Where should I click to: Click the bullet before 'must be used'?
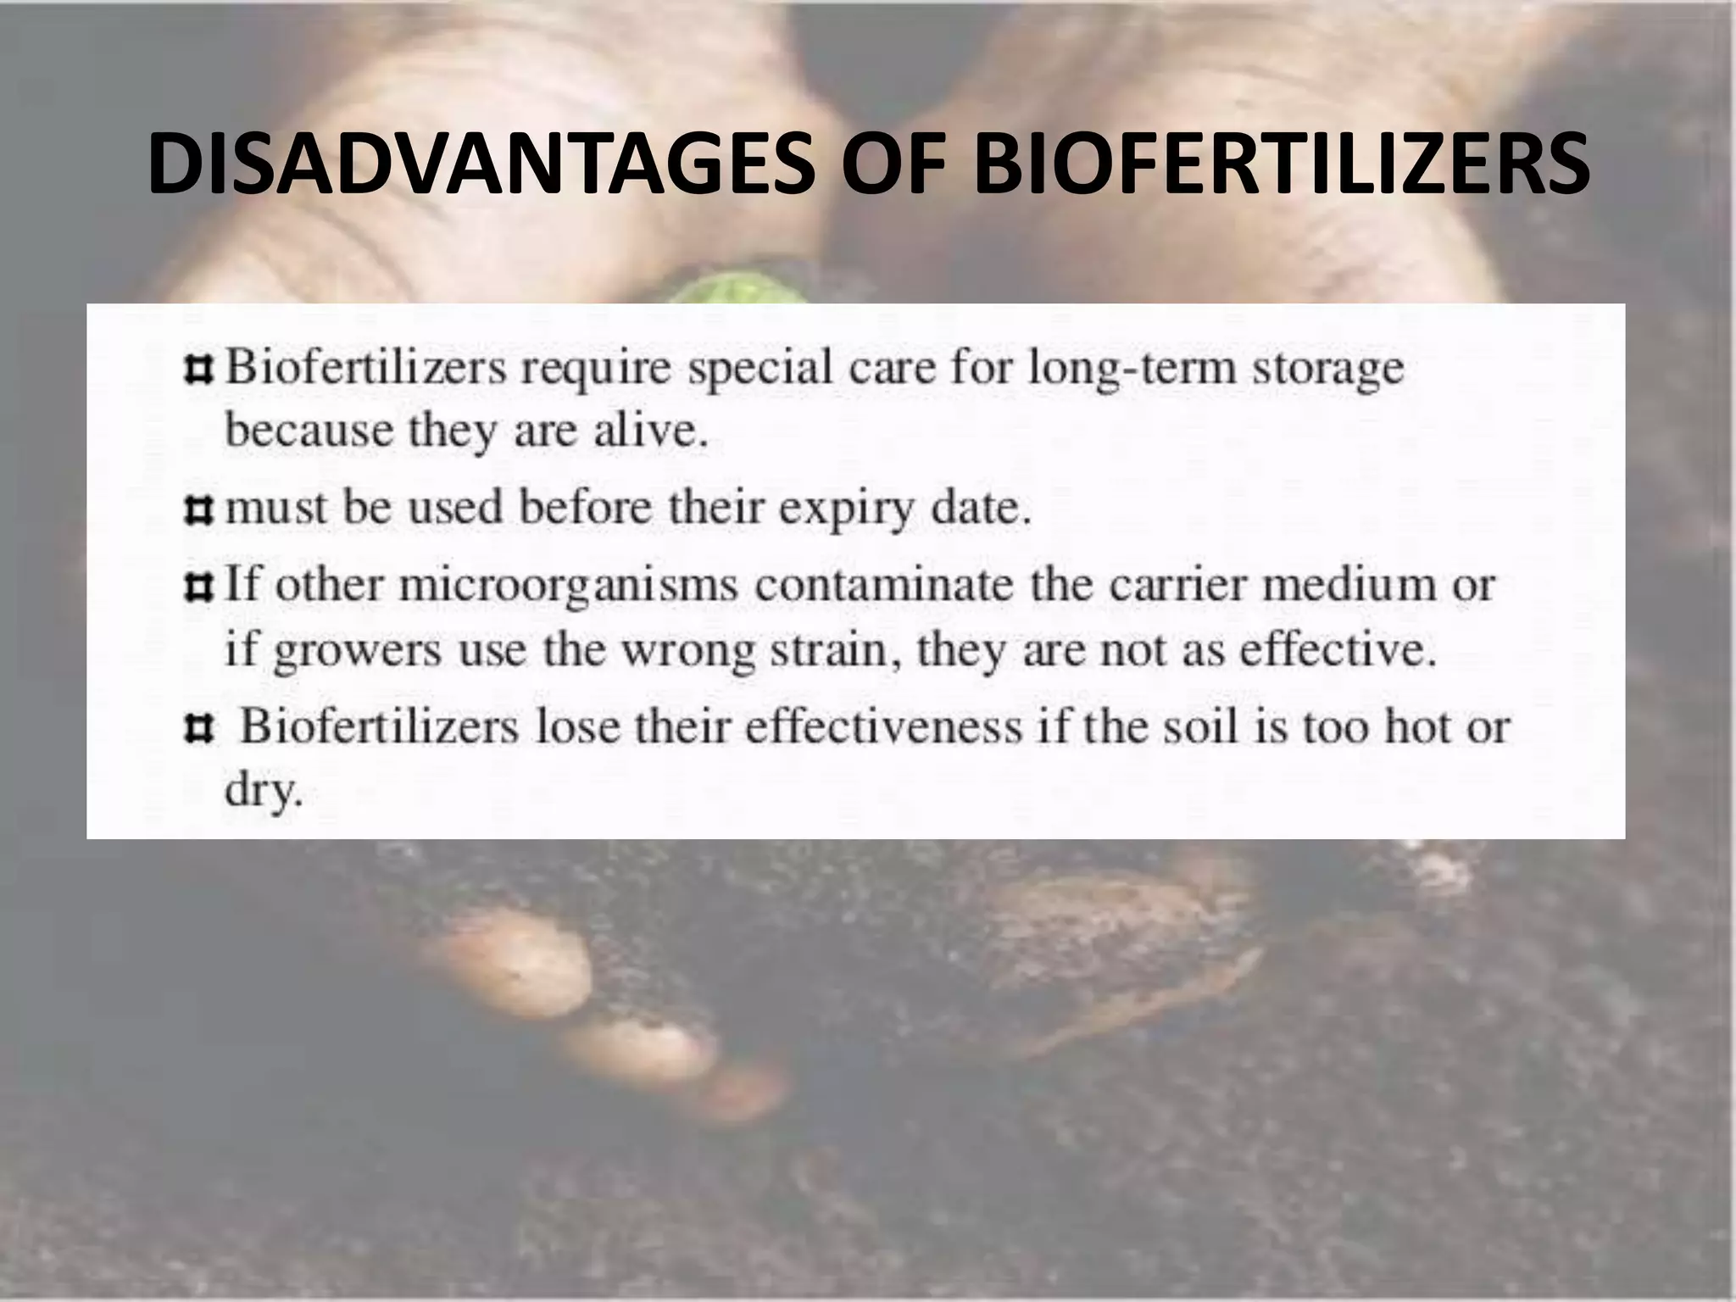coord(198,509)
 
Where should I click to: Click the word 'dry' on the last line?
coord(262,793)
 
